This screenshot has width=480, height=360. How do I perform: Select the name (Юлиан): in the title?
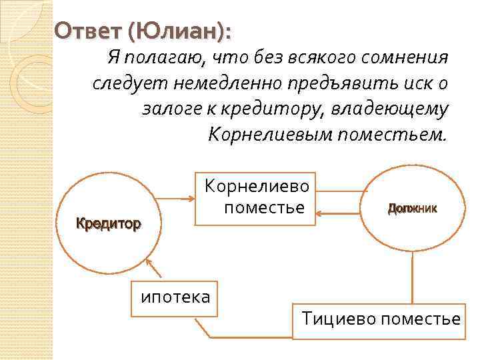[185, 31]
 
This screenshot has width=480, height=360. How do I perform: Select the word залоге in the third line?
[171, 109]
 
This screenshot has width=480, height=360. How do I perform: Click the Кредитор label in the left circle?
[109, 223]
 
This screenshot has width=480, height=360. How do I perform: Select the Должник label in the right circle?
[412, 208]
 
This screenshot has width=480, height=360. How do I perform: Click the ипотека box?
[175, 295]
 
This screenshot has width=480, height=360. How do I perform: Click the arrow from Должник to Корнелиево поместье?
[340, 214]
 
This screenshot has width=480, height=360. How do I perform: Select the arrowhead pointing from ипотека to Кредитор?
[151, 264]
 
